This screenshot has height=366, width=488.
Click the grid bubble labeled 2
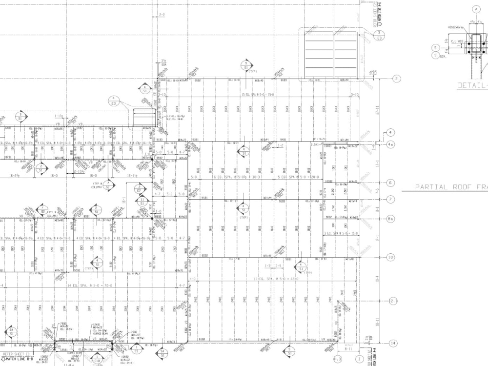pyautogui.click(x=397, y=79)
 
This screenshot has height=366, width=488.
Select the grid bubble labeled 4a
pyautogui.click(x=390, y=144)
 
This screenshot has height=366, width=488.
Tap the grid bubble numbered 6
pyautogui.click(x=390, y=183)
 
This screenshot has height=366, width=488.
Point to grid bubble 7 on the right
pyautogui.click(x=390, y=199)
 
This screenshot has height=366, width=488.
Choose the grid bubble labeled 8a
pyautogui.click(x=390, y=219)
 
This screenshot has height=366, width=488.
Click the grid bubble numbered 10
pyautogui.click(x=390, y=257)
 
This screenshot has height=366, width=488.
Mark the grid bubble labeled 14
pyautogui.click(x=394, y=343)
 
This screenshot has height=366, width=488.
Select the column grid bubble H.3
pyautogui.click(x=338, y=360)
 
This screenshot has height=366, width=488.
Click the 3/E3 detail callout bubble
pyautogui.click(x=379, y=35)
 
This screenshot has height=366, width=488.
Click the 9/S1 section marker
pyautogui.click(x=246, y=66)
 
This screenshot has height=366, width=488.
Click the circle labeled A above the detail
pyautogui.click(x=476, y=9)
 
